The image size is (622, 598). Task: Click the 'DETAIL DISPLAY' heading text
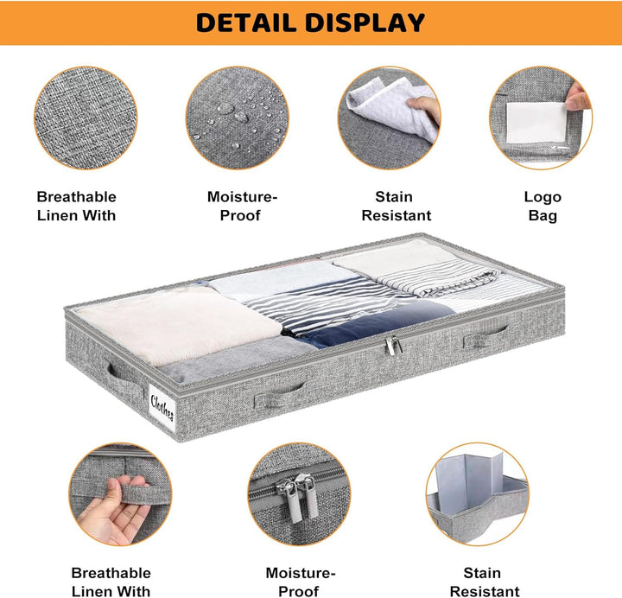(310, 22)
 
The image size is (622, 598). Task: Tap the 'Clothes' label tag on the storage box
(162, 408)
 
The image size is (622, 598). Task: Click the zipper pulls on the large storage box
(393, 345)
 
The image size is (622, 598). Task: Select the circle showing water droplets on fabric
(238, 118)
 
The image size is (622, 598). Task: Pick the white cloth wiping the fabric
(393, 106)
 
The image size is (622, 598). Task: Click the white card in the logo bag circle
(536, 123)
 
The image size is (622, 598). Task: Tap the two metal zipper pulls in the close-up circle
(298, 497)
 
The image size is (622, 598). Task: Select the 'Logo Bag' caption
(543, 207)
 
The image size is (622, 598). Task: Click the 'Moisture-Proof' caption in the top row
(242, 207)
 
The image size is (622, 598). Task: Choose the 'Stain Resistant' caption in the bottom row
(485, 582)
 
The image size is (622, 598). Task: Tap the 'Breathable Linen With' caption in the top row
(77, 207)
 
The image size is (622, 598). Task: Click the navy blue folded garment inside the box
(377, 322)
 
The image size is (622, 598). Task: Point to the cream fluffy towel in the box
(178, 324)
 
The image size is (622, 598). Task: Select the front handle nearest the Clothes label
(280, 394)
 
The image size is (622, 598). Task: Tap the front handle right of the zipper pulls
(486, 336)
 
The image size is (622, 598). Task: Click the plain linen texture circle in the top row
(86, 118)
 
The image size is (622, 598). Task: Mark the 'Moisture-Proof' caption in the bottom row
(301, 582)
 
